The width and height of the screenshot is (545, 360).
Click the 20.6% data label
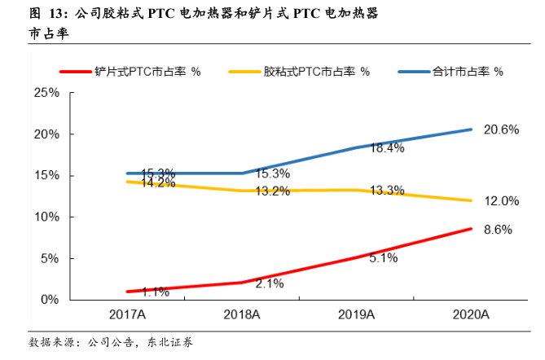(x=501, y=130)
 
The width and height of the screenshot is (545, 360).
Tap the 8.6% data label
(x=498, y=230)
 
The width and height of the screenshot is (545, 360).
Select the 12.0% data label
(x=501, y=200)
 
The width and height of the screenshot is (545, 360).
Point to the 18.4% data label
(x=388, y=148)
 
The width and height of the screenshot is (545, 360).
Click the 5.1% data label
(x=383, y=258)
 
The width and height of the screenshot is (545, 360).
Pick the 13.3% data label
(x=386, y=191)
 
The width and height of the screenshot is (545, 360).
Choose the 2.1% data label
(x=269, y=283)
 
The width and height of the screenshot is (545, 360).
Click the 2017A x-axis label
(x=128, y=315)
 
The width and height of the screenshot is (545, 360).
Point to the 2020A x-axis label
(x=470, y=315)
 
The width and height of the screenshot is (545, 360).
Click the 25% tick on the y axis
(x=46, y=93)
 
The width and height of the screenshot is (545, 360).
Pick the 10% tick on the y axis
(x=46, y=217)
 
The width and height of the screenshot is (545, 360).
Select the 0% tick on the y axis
(x=50, y=300)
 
